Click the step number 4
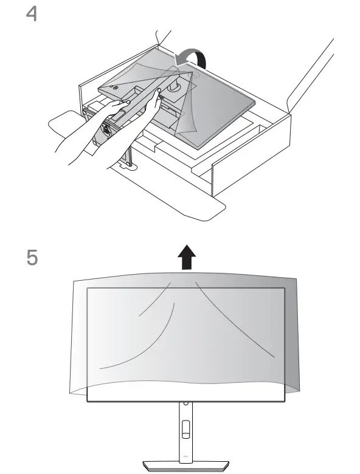click(29, 14)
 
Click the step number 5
click(29, 258)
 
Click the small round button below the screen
click(185, 405)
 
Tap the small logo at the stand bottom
click(185, 457)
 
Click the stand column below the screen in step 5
click(185, 425)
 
